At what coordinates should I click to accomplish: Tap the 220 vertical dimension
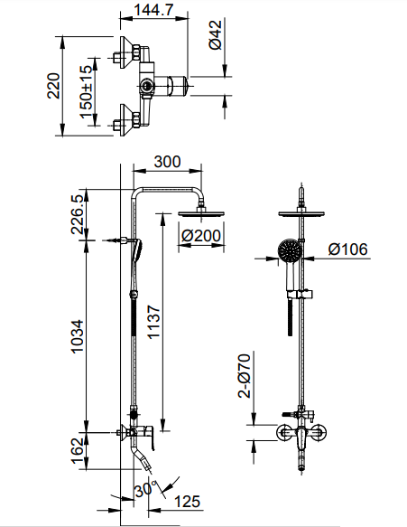point(53,87)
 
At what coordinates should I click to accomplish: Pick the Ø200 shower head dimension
point(202,236)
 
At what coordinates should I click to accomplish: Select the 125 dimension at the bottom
point(187,502)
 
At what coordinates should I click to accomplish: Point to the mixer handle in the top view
point(178,86)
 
